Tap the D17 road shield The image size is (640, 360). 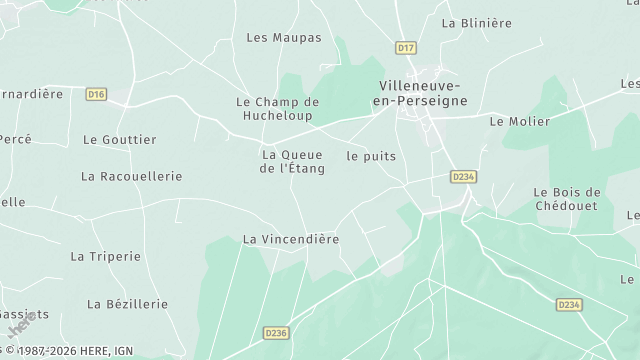(405, 47)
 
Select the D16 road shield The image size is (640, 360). (96, 94)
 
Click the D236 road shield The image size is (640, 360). (277, 333)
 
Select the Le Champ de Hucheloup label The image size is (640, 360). (277, 108)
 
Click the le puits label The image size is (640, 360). (371, 156)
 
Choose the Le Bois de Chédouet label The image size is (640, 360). (566, 199)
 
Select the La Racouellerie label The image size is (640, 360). (132, 176)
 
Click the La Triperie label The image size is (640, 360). (105, 256)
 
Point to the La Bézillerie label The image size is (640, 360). (128, 304)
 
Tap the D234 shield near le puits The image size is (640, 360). (462, 176)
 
